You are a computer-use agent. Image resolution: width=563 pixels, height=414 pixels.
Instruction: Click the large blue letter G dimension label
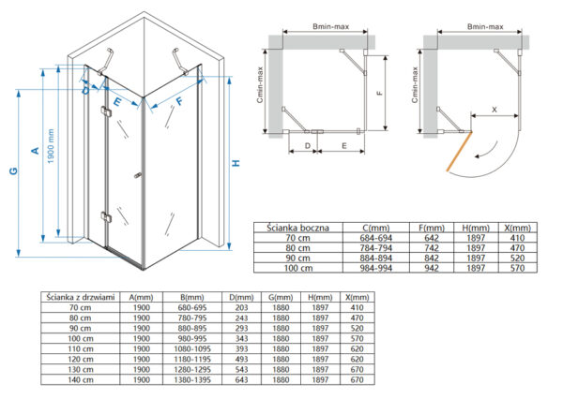click(14, 170)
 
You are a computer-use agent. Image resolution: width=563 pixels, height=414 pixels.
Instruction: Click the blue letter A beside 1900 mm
click(36, 150)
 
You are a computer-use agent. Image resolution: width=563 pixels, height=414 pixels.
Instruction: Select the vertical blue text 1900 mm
click(51, 146)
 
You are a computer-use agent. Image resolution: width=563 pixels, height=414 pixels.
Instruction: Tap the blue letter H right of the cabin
click(236, 163)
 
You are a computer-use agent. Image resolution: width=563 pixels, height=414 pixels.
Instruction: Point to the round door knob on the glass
click(138, 176)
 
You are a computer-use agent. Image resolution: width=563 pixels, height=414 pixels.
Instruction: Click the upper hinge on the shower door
click(106, 111)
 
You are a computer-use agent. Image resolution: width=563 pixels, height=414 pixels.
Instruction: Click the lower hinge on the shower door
click(106, 217)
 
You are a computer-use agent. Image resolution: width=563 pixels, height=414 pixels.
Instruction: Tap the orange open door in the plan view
click(459, 151)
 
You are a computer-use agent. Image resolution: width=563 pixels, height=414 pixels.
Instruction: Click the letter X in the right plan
click(495, 110)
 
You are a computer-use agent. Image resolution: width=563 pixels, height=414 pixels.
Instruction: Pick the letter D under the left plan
click(308, 146)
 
